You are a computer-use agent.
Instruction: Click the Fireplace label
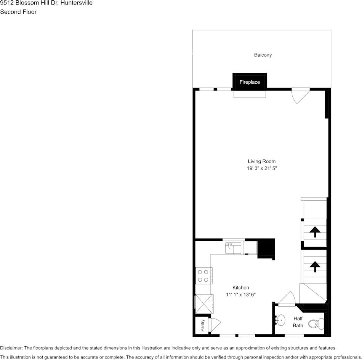click(x=250, y=82)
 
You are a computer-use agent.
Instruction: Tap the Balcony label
click(x=263, y=55)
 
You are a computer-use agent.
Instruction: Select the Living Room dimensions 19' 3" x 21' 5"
click(x=261, y=168)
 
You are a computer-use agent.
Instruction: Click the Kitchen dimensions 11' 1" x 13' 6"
click(x=241, y=295)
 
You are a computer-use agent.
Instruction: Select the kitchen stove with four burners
click(x=203, y=276)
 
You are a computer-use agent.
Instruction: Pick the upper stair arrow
click(x=315, y=231)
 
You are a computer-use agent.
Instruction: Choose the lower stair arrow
click(x=315, y=266)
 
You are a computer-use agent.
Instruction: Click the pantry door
click(x=215, y=324)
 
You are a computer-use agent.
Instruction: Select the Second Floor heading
click(x=18, y=12)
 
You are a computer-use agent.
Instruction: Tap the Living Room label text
click(x=261, y=161)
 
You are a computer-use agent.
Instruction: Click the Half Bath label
click(x=298, y=322)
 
